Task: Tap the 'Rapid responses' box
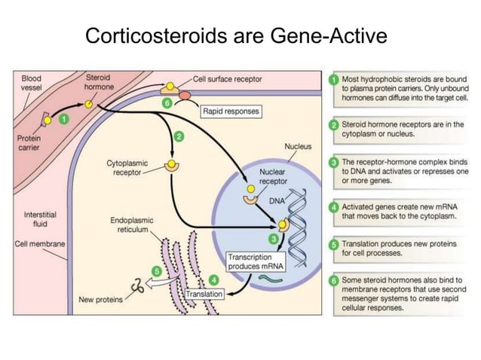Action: click(231, 111)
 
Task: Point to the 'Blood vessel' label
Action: click(31, 82)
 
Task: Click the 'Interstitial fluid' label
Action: click(36, 218)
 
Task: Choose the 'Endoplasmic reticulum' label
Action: click(131, 224)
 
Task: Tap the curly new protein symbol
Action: click(139, 286)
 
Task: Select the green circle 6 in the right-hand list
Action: click(334, 280)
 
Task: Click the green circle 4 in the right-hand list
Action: click(334, 206)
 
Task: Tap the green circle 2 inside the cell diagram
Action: click(179, 136)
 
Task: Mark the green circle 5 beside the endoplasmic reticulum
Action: click(157, 270)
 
